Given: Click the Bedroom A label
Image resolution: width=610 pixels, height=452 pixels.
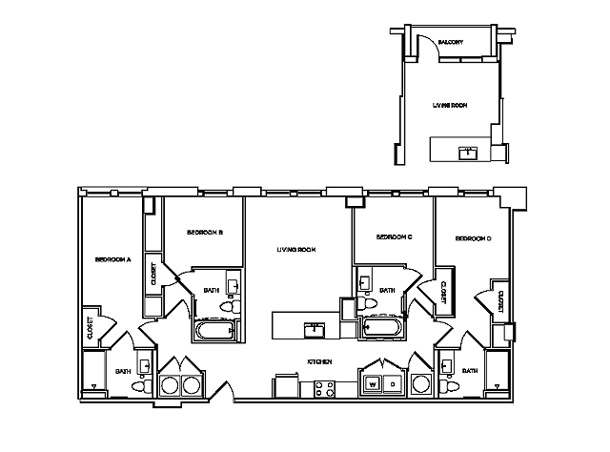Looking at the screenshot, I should click(x=112, y=258).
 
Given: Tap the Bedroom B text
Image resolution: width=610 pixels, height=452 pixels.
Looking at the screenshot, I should click(x=204, y=233).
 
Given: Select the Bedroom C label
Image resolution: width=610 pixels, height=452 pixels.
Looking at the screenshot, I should click(x=393, y=236).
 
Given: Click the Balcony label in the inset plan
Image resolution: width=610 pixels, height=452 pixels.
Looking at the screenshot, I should click(x=450, y=43).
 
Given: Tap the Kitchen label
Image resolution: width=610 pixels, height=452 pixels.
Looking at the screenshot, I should click(x=318, y=362).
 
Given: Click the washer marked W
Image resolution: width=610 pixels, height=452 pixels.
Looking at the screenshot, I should click(x=372, y=384).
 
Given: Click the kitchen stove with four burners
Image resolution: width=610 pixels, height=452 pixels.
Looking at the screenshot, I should click(x=324, y=388).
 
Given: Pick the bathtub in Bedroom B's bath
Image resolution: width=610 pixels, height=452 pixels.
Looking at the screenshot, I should click(x=216, y=331).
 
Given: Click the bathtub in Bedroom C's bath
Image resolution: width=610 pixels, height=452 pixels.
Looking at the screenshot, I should click(x=383, y=329).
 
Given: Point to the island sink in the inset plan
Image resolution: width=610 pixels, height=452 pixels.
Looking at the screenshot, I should click(x=468, y=152).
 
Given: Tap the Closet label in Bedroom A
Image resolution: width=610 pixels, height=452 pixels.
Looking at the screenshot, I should click(x=90, y=329).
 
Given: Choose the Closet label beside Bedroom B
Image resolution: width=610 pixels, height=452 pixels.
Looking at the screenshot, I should click(x=153, y=274).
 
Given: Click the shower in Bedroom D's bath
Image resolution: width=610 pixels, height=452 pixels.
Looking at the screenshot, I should click(x=497, y=372).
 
